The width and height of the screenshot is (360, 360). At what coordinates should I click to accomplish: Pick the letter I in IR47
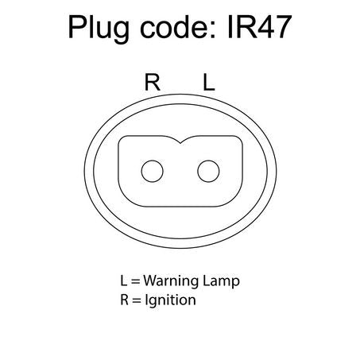point(230,27)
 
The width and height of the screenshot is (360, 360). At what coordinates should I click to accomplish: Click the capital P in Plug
point(78,27)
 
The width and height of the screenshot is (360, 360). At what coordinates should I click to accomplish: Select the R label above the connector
point(153,83)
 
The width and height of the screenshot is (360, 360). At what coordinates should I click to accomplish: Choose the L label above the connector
point(209,83)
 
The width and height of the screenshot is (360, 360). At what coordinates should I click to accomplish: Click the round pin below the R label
point(153,171)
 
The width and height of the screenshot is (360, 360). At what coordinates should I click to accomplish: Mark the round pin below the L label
point(208,171)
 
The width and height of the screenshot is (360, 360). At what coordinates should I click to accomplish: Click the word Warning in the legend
point(171,281)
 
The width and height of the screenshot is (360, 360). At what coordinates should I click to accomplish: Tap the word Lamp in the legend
point(221,281)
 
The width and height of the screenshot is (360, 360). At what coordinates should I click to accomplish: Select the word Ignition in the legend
point(171,300)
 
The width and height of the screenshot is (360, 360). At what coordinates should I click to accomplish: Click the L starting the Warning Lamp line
point(124,281)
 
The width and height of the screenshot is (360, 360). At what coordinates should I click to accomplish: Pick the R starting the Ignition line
point(125,300)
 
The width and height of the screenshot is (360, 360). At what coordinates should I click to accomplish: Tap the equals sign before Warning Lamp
point(135,281)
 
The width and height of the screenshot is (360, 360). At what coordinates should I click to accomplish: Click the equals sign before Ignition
point(137,300)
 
